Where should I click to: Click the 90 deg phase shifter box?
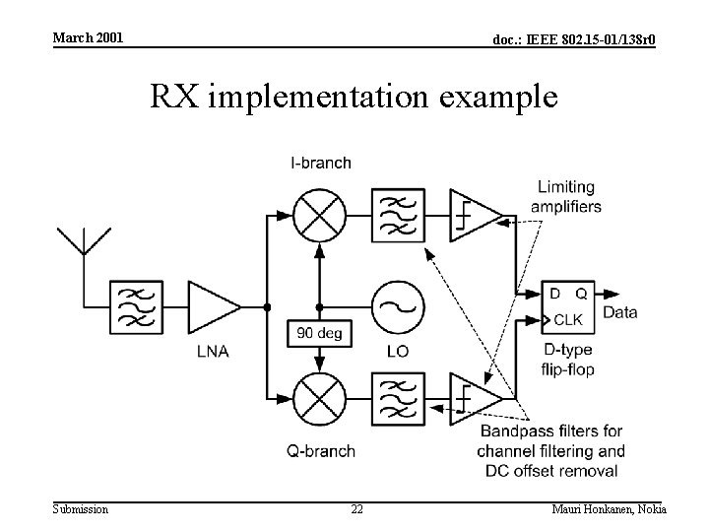[318, 334]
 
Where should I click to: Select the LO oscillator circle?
[397, 306]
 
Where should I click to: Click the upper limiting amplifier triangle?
[474, 215]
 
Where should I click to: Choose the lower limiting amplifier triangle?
[474, 398]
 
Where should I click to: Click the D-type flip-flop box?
[567, 306]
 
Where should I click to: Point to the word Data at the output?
[620, 313]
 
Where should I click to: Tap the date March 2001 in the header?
[88, 37]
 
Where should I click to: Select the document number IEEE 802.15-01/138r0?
[575, 38]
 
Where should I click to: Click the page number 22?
[356, 509]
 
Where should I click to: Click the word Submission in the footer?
[81, 509]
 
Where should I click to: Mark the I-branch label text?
[320, 163]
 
